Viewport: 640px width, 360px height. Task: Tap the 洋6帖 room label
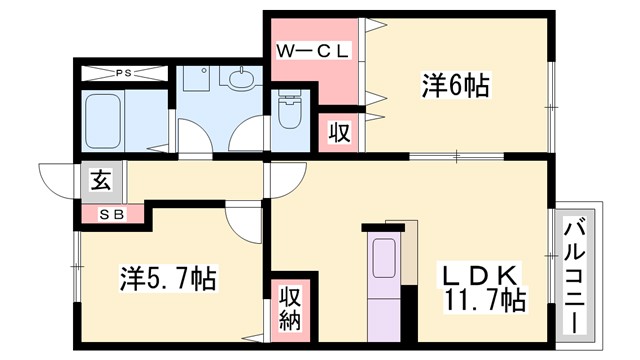click(x=454, y=87)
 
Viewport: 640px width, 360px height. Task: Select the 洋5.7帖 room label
click(x=169, y=277)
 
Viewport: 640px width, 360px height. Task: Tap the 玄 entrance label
click(x=101, y=181)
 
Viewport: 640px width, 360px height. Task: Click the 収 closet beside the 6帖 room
click(x=338, y=133)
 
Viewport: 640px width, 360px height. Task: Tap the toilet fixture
click(x=289, y=113)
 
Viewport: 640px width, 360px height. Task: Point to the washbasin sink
click(x=241, y=78)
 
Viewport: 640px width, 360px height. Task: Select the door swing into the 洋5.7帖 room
click(x=243, y=218)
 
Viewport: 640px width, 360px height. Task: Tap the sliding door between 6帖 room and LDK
click(x=455, y=155)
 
